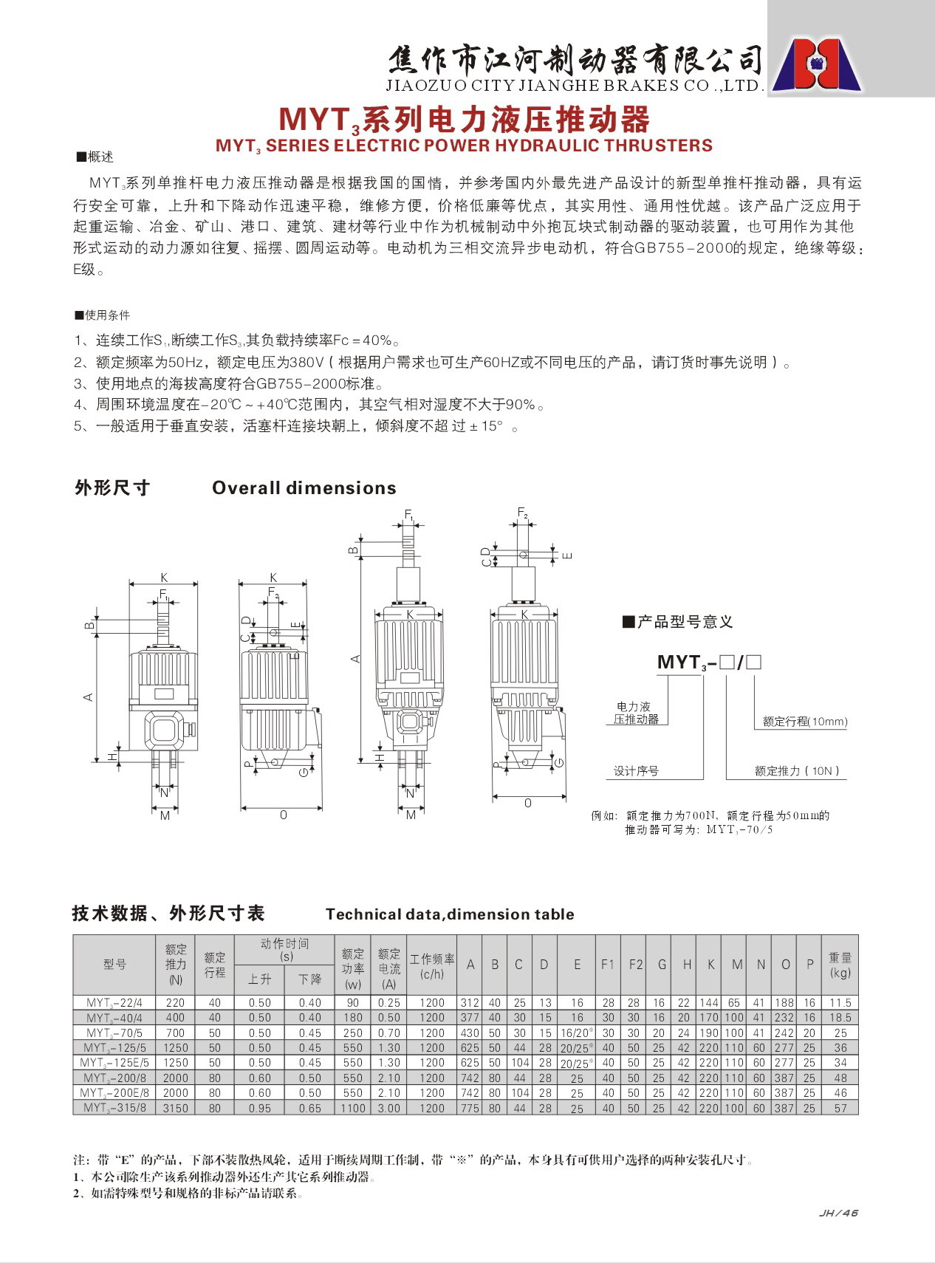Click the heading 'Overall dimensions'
tap(304, 488)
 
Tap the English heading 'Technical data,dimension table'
tap(450, 914)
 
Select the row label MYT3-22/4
tap(114, 1003)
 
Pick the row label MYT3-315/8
tap(114, 1108)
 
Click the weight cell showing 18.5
tap(840, 1018)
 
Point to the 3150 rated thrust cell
tap(176, 1108)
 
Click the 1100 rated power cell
tap(353, 1108)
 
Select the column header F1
tap(608, 965)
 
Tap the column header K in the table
tap(710, 965)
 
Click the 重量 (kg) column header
tap(840, 965)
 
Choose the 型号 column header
tap(114, 965)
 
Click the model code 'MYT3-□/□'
tap(709, 663)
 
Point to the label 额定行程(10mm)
tap(805, 722)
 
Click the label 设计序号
tap(636, 771)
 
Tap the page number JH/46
tap(839, 1213)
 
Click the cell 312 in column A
tap(470, 1003)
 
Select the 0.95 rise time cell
tap(260, 1108)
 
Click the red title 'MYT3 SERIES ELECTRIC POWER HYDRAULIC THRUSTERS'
tap(464, 146)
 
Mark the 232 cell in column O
tap(784, 1018)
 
